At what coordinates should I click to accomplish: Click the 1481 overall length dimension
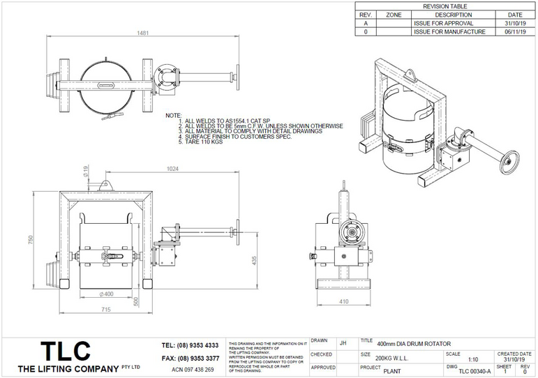tap(143, 33)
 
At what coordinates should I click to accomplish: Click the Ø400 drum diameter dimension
tap(107, 294)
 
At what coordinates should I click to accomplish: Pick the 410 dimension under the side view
tap(344, 302)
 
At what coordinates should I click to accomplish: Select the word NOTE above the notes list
tap(174, 114)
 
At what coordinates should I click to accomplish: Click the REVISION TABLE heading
tap(445, 6)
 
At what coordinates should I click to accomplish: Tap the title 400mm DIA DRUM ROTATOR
tap(414, 344)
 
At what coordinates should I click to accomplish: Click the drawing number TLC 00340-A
tap(475, 371)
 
